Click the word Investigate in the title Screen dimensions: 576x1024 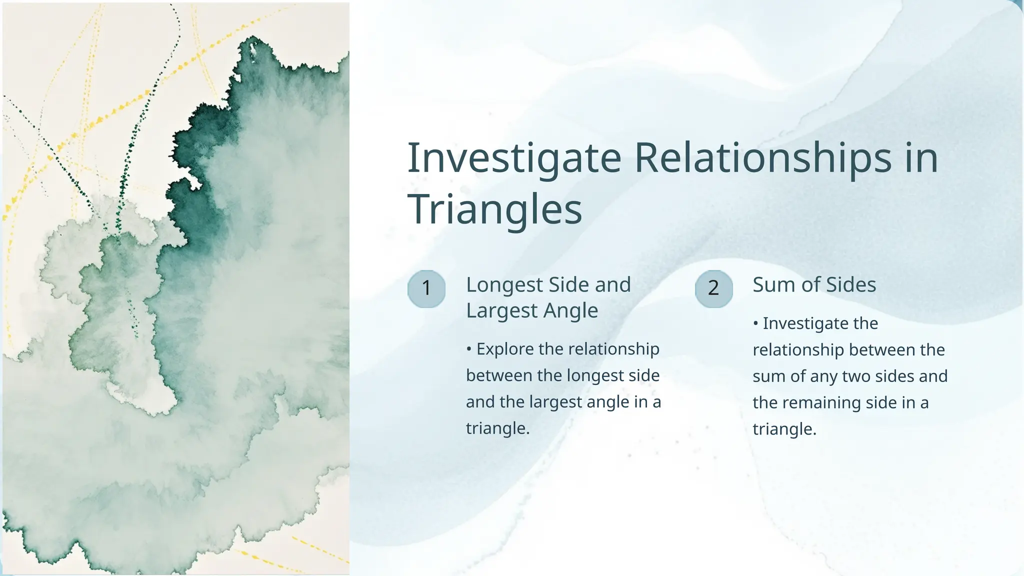click(x=514, y=158)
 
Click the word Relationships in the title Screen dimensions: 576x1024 click(x=763, y=158)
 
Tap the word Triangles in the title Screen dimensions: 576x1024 click(x=494, y=209)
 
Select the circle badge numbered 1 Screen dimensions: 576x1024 click(x=426, y=288)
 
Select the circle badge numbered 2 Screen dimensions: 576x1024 click(x=713, y=288)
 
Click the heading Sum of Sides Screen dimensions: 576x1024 click(x=814, y=284)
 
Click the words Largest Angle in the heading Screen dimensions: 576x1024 click(x=531, y=310)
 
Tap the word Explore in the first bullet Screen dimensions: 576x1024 click(x=505, y=349)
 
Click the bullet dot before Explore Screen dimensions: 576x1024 click(x=469, y=349)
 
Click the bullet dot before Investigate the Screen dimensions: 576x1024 click(x=755, y=323)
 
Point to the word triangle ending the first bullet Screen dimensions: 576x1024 click(x=496, y=428)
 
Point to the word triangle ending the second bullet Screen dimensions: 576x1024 click(x=783, y=429)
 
